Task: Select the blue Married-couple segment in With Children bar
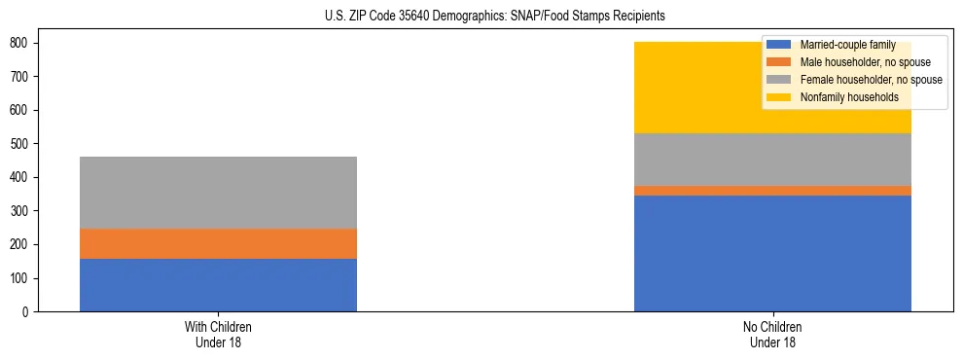[x=218, y=285]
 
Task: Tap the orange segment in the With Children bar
[x=218, y=243]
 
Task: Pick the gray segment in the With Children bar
[x=218, y=193]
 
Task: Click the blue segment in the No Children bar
[x=772, y=253]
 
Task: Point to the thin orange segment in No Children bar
[x=772, y=191]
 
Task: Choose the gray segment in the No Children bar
[x=772, y=160]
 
